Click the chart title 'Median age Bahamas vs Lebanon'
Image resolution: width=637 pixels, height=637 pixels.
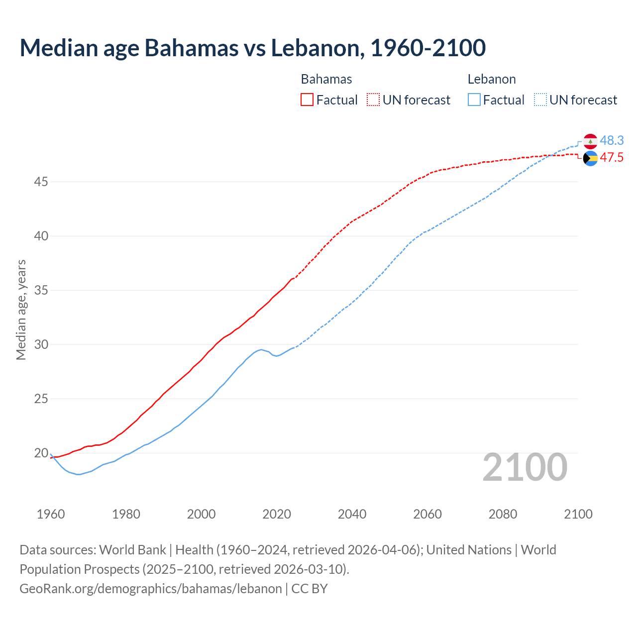tap(252, 48)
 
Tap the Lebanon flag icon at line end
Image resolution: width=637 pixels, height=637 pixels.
tap(590, 141)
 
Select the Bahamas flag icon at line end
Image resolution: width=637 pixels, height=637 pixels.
tap(590, 158)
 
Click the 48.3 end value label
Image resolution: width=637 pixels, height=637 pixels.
tap(612, 141)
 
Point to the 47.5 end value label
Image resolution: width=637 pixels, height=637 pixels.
tap(612, 158)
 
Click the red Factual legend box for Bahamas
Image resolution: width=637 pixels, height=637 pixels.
tap(307, 100)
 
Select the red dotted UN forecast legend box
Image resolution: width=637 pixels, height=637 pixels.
tap(373, 100)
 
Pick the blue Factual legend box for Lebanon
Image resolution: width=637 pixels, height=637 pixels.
tap(474, 100)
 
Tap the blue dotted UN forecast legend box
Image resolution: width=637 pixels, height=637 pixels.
tap(540, 100)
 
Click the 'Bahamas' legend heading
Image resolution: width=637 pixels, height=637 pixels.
tap(326, 79)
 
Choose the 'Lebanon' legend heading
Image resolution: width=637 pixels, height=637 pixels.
tap(492, 79)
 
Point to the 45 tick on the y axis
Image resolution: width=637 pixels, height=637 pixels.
tap(41, 182)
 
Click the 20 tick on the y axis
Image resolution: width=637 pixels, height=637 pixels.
tap(41, 453)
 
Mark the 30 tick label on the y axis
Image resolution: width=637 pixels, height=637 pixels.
tap(41, 345)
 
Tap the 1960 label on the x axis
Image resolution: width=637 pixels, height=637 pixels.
tap(51, 514)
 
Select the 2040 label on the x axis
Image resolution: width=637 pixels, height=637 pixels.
tap(352, 514)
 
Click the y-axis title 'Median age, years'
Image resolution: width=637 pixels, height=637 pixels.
tap(21, 310)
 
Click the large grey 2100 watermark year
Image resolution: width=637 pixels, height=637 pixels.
tap(525, 467)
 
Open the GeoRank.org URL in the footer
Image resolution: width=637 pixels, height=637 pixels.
tap(151, 589)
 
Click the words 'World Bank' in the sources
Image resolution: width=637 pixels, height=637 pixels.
tap(132, 550)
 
